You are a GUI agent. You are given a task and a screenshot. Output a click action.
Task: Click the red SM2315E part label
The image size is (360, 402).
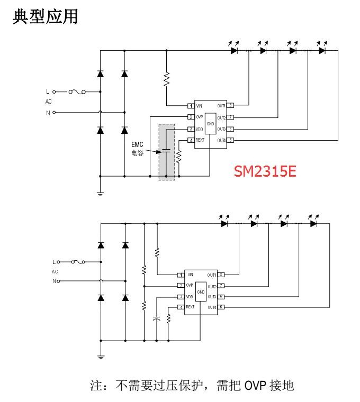pyautogui.click(x=265, y=172)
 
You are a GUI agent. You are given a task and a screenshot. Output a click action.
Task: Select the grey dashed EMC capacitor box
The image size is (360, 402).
pyautogui.click(x=167, y=152)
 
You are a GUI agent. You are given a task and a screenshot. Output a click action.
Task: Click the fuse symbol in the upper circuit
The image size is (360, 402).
pyautogui.click(x=80, y=92)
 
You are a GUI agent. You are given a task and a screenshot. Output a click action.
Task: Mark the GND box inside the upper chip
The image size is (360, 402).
pyautogui.click(x=210, y=123)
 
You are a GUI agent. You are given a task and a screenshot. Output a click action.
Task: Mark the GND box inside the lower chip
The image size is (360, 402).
pyautogui.click(x=201, y=292)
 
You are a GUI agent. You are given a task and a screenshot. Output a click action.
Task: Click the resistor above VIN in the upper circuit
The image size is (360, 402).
pyautogui.click(x=167, y=79)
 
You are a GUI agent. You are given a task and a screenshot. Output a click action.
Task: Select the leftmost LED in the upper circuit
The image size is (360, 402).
pyautogui.click(x=233, y=51)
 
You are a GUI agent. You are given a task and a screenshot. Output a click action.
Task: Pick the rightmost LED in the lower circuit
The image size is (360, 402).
pyautogui.click(x=313, y=223)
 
